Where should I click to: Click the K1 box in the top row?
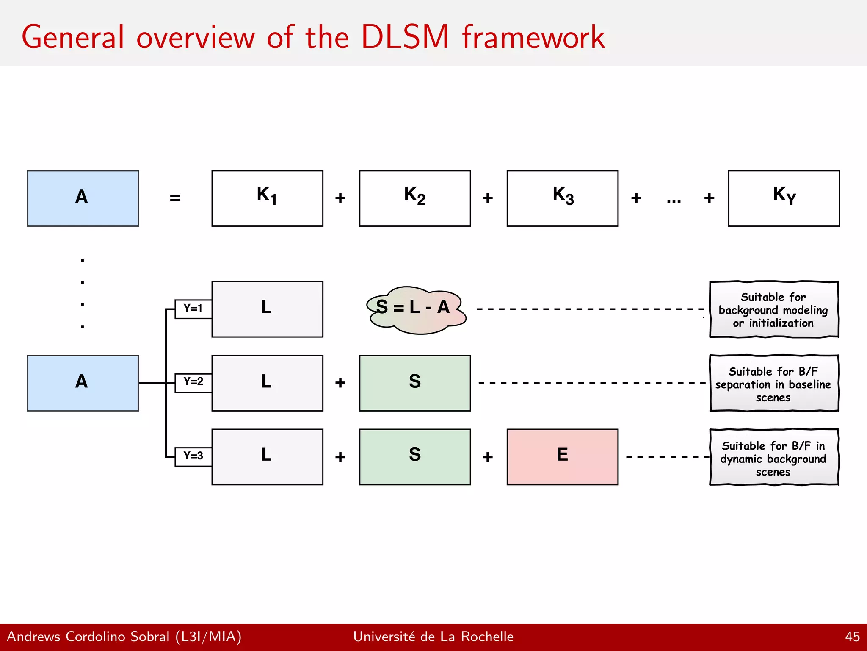(x=267, y=198)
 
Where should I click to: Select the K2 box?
(x=415, y=198)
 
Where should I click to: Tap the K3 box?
(x=562, y=198)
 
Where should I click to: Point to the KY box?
(x=784, y=198)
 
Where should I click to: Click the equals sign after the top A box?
(x=175, y=198)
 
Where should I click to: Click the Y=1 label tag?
(x=193, y=309)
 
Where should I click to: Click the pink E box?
(x=562, y=456)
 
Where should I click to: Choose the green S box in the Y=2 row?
(x=415, y=383)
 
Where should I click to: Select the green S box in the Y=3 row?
(x=415, y=456)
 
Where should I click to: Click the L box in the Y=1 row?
(x=267, y=309)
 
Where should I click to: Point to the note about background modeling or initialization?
(x=773, y=309)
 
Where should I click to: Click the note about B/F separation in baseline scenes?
(x=773, y=383)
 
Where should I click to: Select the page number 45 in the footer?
(x=852, y=637)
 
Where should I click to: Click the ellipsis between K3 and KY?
(x=674, y=201)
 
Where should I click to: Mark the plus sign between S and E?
(x=488, y=457)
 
